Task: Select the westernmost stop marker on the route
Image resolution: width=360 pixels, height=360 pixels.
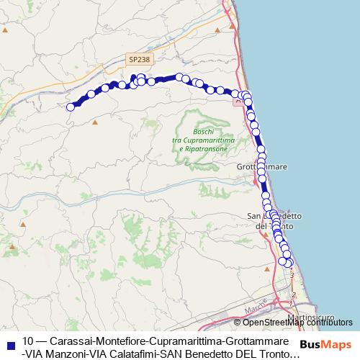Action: coord(71,107)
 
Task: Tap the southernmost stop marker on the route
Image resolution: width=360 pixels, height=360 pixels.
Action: coord(289,262)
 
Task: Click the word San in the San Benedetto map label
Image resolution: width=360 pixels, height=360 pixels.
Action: coord(253,217)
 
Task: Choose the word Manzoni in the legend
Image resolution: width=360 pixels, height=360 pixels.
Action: coord(71,354)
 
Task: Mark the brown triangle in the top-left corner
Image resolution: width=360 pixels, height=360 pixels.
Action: coord(5,30)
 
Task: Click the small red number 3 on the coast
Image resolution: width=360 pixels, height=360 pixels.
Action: coord(292,275)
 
